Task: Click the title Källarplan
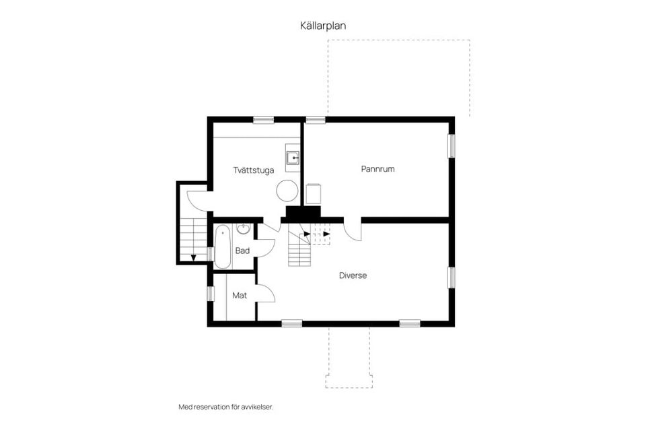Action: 323,25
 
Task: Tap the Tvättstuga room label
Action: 254,170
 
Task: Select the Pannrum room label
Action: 378,169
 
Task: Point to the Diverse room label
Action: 353,275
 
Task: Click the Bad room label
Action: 242,251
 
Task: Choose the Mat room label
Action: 239,296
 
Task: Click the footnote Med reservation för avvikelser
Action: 225,407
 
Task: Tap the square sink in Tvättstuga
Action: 293,158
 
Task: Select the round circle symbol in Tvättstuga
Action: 287,191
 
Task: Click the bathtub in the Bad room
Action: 223,246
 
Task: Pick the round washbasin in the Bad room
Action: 244,230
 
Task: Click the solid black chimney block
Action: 302,213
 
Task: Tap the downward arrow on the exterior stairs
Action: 193,257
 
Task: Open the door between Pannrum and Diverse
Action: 353,231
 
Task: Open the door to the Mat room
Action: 265,294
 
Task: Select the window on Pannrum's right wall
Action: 452,146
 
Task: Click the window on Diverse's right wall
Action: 452,277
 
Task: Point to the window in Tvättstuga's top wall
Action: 263,120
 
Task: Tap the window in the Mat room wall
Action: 210,294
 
